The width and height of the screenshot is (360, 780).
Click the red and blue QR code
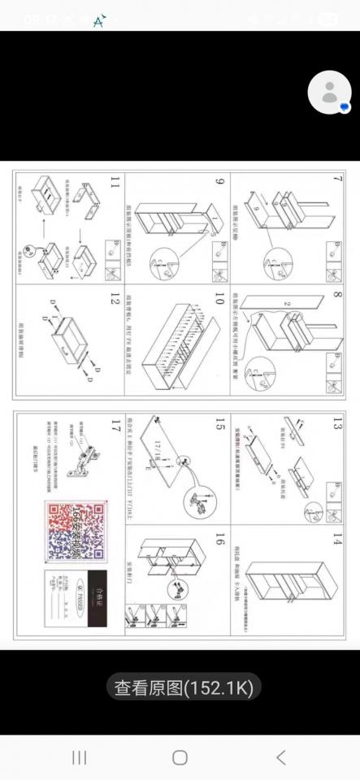pyautogui.click(x=76, y=531)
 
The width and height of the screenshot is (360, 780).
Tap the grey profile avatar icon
pyautogui.click(x=329, y=93)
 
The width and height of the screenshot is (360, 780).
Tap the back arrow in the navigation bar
pyautogui.click(x=280, y=757)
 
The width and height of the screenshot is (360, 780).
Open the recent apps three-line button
pyautogui.click(x=79, y=757)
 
